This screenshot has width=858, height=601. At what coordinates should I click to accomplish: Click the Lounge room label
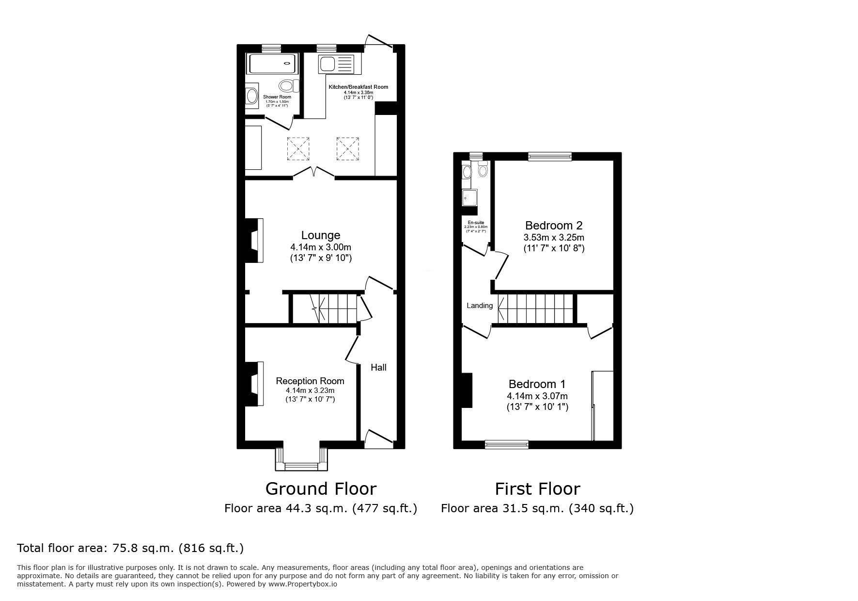point(320,235)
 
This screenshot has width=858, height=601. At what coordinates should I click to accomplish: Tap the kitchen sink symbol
point(336,64)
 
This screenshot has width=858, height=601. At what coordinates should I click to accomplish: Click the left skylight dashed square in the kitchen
point(298,148)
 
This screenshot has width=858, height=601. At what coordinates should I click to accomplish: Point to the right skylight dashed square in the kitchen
point(348,148)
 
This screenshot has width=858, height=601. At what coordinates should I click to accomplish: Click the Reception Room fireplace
point(253,384)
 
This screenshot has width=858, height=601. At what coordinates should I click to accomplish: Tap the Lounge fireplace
point(253,241)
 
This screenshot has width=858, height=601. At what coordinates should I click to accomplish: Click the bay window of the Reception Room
point(301,461)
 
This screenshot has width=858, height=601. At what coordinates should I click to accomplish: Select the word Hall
point(378,368)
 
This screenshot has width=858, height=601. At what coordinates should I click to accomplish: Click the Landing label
point(479,306)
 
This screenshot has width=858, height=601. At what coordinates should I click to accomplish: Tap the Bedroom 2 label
point(554,226)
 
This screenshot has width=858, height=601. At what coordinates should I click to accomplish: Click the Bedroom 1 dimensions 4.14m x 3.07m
point(537,396)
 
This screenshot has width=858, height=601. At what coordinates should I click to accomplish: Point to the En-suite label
point(475,223)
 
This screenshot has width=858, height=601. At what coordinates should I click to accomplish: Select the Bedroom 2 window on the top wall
point(550,156)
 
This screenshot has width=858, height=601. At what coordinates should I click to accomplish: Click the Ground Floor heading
point(320,488)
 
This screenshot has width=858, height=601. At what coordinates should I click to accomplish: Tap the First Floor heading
point(537,488)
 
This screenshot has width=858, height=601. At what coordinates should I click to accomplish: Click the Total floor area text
point(130,548)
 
